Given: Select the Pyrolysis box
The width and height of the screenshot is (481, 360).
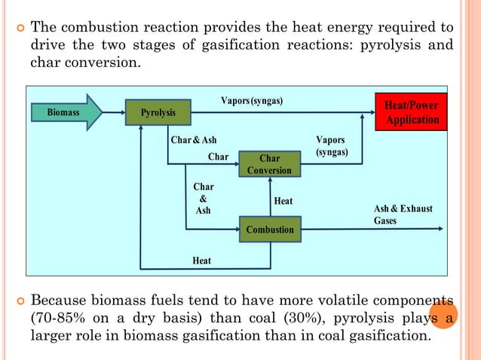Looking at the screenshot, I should (158, 113).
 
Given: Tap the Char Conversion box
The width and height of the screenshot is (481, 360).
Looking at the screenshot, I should (269, 164).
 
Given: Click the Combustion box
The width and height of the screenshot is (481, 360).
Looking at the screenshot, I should (269, 228).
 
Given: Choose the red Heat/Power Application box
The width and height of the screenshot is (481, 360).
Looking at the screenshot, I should (411, 113).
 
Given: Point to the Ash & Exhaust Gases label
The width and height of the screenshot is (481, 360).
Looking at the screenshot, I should (403, 214).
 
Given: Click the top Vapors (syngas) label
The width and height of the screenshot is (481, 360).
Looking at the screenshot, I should (252, 100).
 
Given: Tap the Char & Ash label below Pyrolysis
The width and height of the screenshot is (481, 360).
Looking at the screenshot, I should (193, 141).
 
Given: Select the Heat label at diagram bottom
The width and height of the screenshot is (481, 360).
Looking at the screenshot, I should (201, 261).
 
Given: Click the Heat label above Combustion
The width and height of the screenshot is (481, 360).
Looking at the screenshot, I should (283, 202).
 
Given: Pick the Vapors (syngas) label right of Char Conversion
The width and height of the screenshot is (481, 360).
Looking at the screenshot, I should (332, 146).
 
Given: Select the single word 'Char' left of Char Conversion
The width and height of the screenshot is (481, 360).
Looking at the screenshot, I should (218, 157).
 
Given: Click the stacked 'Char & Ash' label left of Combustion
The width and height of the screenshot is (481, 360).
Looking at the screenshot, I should (203, 199).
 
